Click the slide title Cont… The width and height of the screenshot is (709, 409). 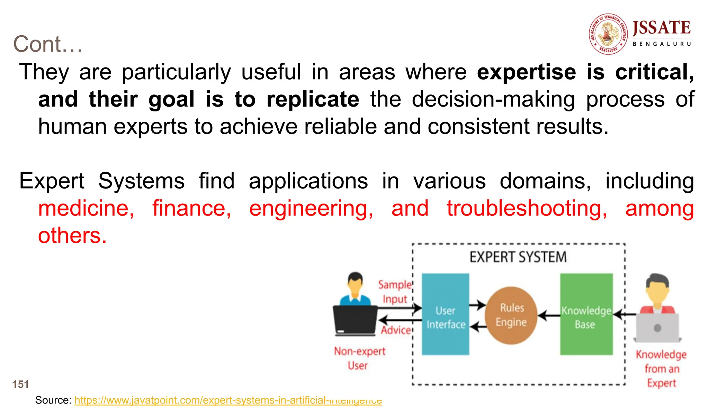point(48,44)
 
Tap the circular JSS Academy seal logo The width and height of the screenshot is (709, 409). point(609,34)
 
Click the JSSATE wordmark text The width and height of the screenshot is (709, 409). point(661,28)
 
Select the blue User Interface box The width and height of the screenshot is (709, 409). point(445,314)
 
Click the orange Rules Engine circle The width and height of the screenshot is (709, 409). point(511,315)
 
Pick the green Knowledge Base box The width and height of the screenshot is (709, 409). point(586,314)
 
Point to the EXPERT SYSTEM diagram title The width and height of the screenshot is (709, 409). point(518,257)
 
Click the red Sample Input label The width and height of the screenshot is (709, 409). point(395,292)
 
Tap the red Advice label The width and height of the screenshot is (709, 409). point(396,330)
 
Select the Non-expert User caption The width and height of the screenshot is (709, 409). point(359,358)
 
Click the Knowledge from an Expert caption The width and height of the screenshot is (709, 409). point(661,369)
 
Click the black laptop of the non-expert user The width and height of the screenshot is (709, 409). point(355,320)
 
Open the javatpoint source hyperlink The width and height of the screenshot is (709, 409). point(228,400)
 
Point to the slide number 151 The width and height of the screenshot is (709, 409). point(20,384)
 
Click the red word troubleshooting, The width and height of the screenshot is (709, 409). point(527,209)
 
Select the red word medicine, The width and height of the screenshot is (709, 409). point(86,209)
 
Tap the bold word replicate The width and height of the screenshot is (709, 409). point(313,99)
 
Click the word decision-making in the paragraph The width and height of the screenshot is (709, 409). point(493,99)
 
